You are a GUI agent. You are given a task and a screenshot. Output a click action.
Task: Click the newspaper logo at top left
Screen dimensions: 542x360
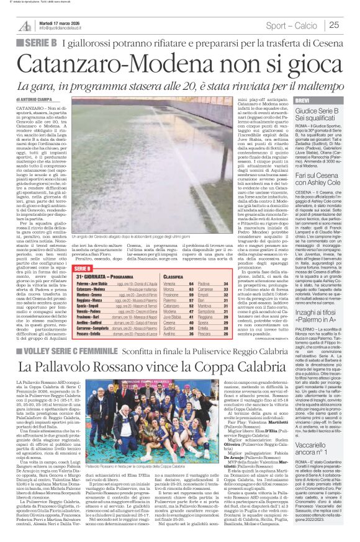click(25, 25)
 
